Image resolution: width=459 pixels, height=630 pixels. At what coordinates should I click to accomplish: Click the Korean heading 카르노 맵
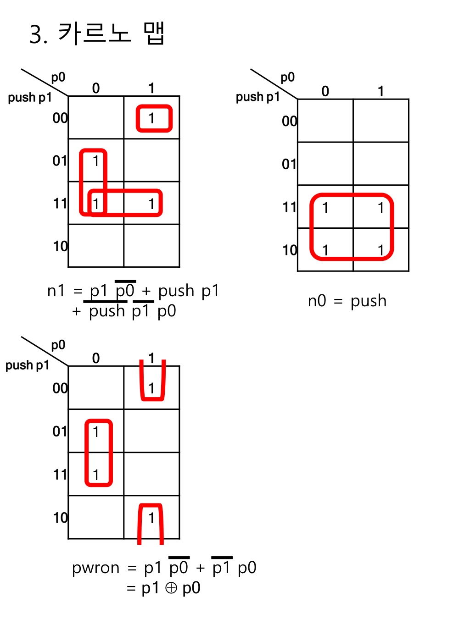pos(111,33)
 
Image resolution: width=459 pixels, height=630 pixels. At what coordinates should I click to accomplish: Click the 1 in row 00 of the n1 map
pos(151,118)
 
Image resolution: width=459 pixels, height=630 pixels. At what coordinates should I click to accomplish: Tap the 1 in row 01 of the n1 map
pos(96,161)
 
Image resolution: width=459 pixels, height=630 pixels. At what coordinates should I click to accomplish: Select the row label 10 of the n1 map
pos(60,246)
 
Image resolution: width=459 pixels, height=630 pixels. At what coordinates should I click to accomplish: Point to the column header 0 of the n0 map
pos(325,91)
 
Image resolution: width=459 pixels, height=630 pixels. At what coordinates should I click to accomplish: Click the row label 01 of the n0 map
pos(289,164)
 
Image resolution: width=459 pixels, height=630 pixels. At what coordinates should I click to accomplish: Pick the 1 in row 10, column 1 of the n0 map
pos(381,250)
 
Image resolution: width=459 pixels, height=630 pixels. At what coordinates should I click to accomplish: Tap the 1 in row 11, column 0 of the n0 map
pos(325,208)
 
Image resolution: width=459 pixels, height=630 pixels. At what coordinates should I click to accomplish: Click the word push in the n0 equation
pos(368,301)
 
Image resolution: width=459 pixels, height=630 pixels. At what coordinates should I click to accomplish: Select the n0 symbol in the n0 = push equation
pos(317,301)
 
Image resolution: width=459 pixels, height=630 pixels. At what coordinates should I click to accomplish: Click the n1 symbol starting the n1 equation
pos(56,291)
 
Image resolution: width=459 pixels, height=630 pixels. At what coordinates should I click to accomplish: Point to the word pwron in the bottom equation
pos(95,568)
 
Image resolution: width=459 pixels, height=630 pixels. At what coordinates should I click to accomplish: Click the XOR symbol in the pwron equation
pos(171,588)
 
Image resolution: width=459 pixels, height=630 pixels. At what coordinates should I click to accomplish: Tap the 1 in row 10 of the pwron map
pos(151,518)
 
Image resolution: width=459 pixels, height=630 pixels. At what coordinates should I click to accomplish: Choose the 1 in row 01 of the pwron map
pos(96,431)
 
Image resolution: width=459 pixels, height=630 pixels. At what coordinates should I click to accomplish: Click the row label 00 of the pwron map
pos(60,388)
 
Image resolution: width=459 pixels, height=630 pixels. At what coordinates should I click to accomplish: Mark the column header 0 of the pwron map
pos(96,358)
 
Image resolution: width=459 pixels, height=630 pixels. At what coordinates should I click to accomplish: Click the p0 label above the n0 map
pos(288,77)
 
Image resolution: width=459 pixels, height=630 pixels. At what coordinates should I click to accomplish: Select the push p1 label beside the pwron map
pos(27,365)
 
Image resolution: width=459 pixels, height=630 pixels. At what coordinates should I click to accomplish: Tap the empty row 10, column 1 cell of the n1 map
pos(151,246)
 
